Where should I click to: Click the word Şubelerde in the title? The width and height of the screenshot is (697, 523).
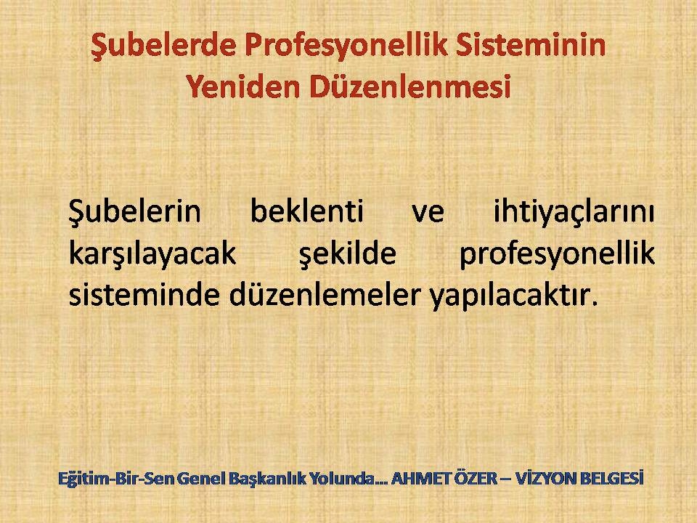(x=163, y=45)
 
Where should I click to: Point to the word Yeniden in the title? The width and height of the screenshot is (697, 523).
(x=243, y=86)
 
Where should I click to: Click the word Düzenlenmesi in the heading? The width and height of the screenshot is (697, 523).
(x=409, y=86)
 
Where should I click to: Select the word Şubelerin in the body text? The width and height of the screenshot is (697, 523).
(x=135, y=212)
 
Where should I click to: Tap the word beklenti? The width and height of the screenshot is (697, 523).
(x=307, y=211)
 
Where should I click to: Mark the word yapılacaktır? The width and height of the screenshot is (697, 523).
(x=512, y=296)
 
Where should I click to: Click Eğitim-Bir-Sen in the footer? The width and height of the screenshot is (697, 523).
(x=117, y=479)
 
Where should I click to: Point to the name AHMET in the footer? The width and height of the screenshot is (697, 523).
(x=421, y=479)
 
